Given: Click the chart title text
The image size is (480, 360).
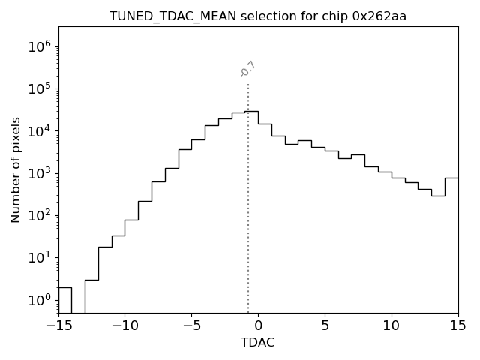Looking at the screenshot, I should coord(258,16).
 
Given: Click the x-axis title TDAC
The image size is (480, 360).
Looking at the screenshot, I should coord(258,343).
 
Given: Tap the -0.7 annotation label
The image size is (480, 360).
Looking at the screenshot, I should coord(248,69).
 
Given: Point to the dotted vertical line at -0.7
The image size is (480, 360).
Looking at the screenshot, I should coord(248,210).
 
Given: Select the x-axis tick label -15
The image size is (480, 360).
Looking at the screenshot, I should coord(58,325).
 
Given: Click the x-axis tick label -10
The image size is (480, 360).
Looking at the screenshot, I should coord(124,325).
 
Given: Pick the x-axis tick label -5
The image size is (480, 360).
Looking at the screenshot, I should coord(191,325).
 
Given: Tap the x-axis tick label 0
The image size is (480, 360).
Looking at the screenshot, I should coord(258,325).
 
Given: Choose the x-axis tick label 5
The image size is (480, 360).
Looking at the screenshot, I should coord(325,325).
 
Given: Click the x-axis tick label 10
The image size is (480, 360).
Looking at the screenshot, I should coord(391,325).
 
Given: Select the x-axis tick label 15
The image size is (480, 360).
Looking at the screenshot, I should coord(457,325).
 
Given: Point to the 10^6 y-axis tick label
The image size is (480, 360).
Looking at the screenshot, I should coord(40,47).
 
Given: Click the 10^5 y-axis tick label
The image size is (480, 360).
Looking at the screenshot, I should coord(40,89).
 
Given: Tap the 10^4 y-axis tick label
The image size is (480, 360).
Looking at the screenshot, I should coord(40,131).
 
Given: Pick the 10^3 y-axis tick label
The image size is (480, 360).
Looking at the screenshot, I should coord(40,173).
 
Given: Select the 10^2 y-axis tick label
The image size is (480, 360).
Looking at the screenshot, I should coord(40,216).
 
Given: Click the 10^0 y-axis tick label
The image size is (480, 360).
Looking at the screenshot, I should coord(40,300).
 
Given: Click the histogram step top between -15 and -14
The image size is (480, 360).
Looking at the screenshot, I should coord(65,287).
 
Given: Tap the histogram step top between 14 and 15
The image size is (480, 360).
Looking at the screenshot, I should coord(451,178).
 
